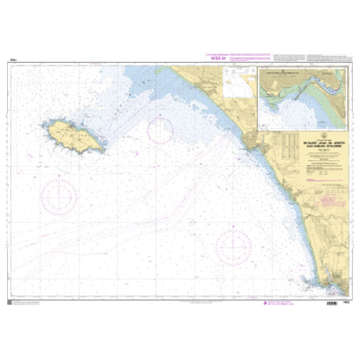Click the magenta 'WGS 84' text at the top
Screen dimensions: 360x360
click(x=216, y=57)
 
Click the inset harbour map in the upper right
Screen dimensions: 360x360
click(x=303, y=96)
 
